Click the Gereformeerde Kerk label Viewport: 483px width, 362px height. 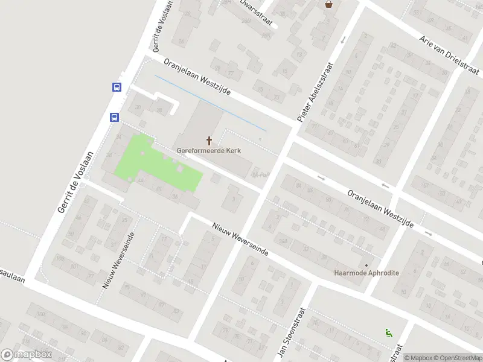(x=210, y=150)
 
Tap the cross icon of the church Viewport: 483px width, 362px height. (x=210, y=141)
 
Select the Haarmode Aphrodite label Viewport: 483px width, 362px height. (x=366, y=273)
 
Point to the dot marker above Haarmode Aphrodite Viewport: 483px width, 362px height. (x=366, y=265)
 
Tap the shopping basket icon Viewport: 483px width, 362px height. (x=328, y=4)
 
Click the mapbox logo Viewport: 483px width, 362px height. (x=26, y=355)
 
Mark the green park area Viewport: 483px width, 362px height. (x=158, y=164)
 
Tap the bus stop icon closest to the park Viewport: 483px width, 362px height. (x=114, y=117)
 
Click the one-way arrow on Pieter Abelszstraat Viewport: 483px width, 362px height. (x=344, y=40)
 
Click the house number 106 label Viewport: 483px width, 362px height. (x=59, y=258)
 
